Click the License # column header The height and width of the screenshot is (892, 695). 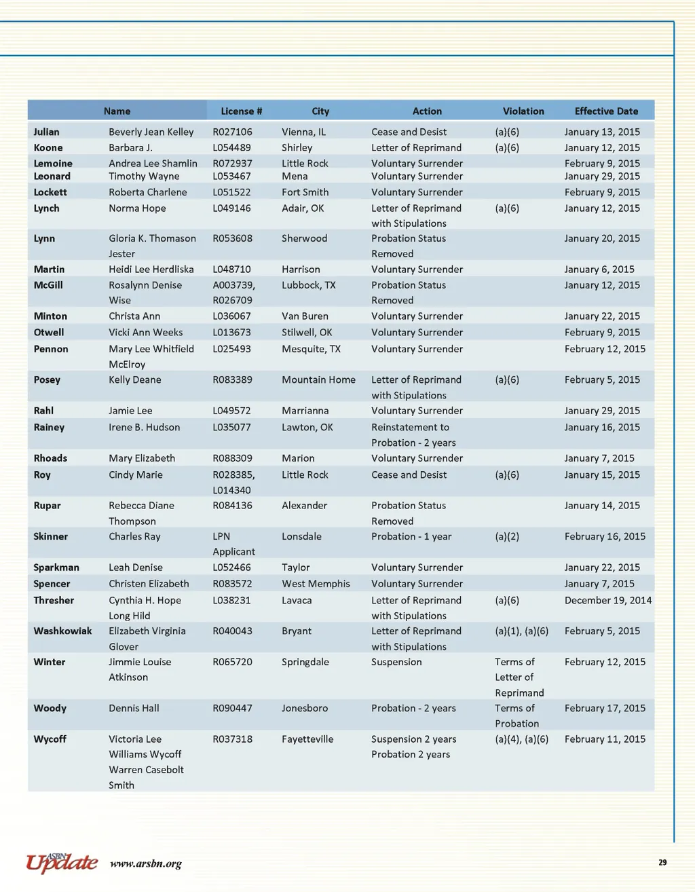pos(241,111)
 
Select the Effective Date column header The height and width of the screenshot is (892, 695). pos(606,111)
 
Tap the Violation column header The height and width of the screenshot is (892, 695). pos(523,111)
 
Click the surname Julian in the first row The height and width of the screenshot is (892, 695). pos(46,132)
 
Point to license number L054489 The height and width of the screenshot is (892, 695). pos(231,147)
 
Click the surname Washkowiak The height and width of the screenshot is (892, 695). pos(62,631)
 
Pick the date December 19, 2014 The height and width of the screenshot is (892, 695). pos(607,600)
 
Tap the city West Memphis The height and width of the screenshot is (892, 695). pos(316,583)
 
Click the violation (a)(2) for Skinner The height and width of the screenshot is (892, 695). pos(507,536)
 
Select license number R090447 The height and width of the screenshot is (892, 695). pos(232,708)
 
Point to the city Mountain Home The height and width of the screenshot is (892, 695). pos(318,379)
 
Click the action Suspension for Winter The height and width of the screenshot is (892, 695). pos(396,662)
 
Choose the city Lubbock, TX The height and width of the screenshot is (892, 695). pos(308,285)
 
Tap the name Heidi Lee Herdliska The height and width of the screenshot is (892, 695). pos(151,270)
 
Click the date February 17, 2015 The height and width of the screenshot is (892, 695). pos(605,708)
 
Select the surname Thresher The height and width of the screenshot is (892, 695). pos(54,600)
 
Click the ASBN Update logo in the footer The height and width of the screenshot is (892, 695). pos(62,862)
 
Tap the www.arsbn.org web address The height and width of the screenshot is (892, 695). pos(145,863)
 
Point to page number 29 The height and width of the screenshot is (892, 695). pos(662,862)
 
